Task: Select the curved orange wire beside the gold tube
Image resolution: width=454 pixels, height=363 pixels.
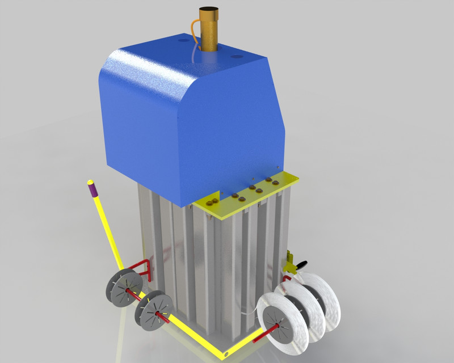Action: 195,31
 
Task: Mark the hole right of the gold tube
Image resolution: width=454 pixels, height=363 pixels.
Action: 236,56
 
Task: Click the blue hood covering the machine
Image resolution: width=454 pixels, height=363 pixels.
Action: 187,119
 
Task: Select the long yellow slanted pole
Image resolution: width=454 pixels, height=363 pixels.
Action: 108,227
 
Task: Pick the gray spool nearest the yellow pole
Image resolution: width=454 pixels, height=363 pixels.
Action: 124,289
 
